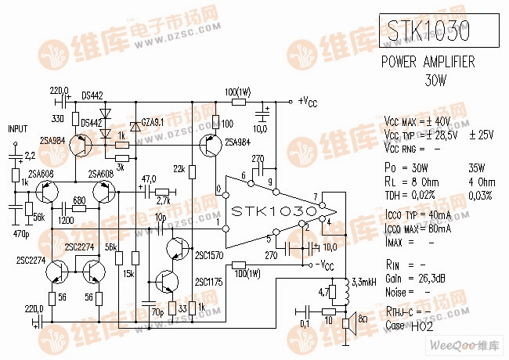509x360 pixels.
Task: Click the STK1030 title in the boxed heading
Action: (x=429, y=31)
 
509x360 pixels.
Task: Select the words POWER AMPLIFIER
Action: (x=428, y=63)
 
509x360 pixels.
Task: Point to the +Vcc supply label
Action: (x=307, y=101)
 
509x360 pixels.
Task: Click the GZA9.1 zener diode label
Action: (x=151, y=123)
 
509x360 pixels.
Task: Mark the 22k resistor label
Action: (x=179, y=169)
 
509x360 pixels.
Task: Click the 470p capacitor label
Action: (x=22, y=234)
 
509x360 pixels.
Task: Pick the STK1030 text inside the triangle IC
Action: (x=273, y=211)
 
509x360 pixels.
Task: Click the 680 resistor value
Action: (x=78, y=200)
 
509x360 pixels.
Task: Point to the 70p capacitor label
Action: (x=157, y=311)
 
